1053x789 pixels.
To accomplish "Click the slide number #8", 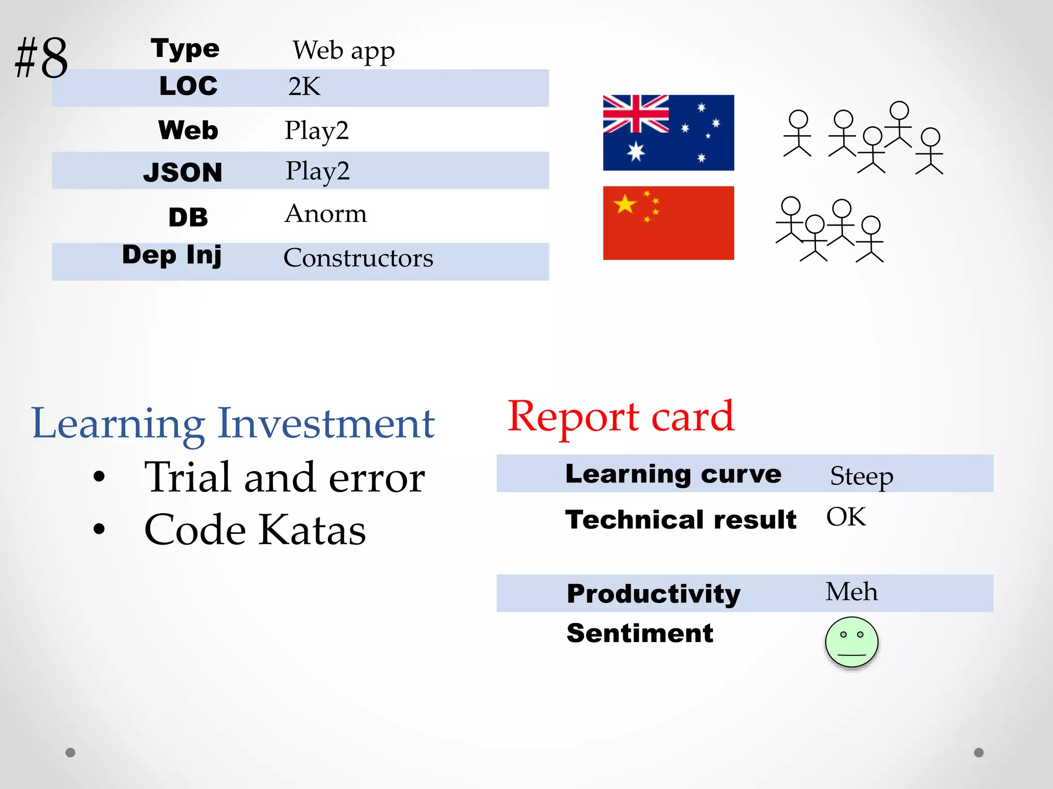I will point(41,58).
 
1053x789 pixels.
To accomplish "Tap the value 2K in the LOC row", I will point(304,86).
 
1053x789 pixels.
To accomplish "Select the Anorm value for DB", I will point(325,213).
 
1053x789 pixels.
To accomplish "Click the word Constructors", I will point(358,257).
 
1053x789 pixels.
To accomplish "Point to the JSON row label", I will point(183,172).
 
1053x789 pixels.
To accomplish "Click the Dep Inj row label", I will point(172,255).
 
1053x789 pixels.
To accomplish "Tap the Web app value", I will point(343,51).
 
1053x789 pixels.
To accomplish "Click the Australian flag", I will point(668,133).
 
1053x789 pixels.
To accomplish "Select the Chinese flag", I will point(668,223).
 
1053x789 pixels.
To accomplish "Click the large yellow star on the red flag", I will point(625,204).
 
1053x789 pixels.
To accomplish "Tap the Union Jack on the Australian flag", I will point(636,114).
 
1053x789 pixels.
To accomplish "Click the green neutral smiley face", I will point(851,642).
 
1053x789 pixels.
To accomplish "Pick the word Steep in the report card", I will point(861,476).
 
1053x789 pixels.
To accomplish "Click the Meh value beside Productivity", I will point(851,591).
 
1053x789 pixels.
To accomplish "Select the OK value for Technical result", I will point(846,517).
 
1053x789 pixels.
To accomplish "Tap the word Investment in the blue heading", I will point(326,423).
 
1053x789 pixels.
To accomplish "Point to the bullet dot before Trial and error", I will point(99,476).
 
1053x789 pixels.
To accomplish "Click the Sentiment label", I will point(640,633).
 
